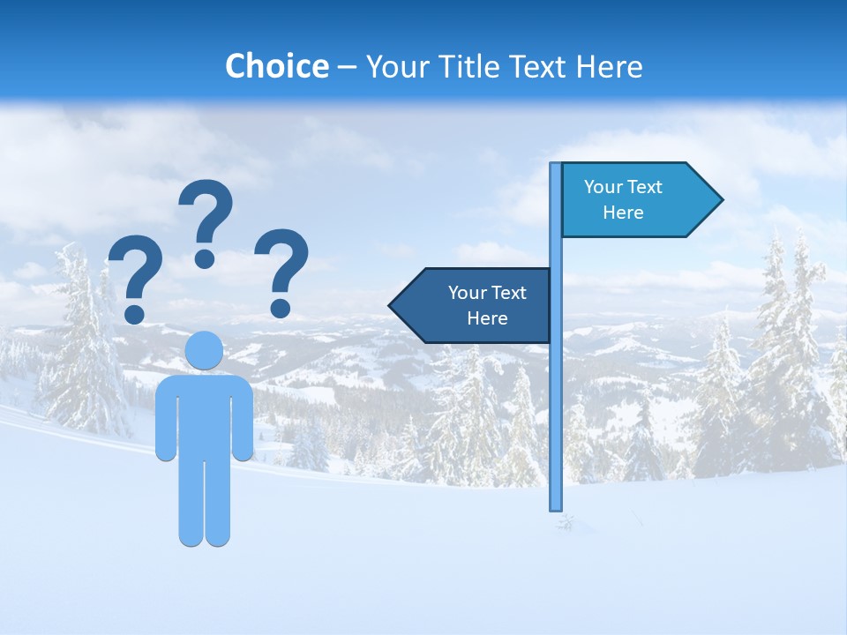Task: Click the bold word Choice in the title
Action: (276, 66)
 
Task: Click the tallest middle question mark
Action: (206, 212)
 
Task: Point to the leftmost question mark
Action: (136, 268)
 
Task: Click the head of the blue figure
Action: (204, 350)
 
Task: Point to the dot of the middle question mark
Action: (205, 258)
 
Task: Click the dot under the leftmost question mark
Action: (135, 313)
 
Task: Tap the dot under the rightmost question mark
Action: (281, 308)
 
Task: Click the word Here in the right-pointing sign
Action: (623, 213)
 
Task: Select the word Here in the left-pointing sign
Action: (487, 318)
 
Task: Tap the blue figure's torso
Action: (204, 415)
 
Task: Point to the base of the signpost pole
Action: (556, 506)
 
